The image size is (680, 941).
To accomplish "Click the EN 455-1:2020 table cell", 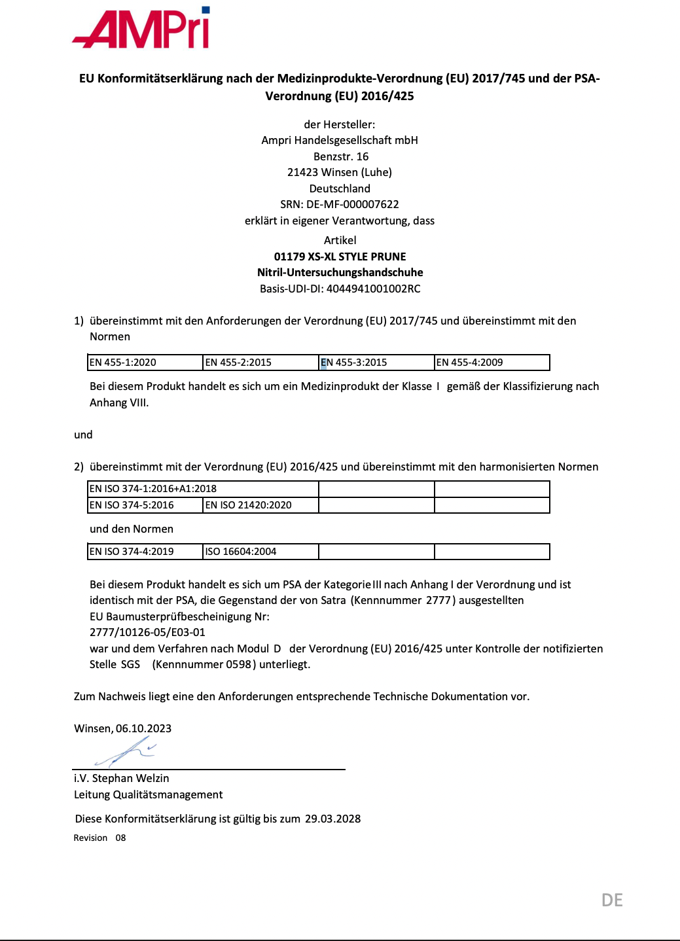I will (145, 363).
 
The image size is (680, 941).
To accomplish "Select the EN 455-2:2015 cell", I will (260, 363).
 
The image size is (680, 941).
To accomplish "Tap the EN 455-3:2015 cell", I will (376, 363).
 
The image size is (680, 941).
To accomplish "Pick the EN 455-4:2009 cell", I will (492, 363).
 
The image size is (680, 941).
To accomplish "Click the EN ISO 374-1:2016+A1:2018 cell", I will (203, 489).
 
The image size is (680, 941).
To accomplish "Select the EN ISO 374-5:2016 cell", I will (145, 505).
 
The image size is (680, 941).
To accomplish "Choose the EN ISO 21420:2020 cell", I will (260, 505).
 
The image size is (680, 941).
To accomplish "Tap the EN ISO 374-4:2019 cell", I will (145, 552).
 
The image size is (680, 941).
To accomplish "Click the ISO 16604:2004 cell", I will (260, 552).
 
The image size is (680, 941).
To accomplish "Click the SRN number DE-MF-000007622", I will (352, 204).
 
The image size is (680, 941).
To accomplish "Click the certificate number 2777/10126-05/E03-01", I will (147, 632).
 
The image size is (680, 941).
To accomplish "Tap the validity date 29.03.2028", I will (332, 819).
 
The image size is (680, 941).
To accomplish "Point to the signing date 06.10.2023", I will (143, 728).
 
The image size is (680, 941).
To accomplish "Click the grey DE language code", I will (612, 900).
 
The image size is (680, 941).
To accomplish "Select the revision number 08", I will (120, 838).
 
